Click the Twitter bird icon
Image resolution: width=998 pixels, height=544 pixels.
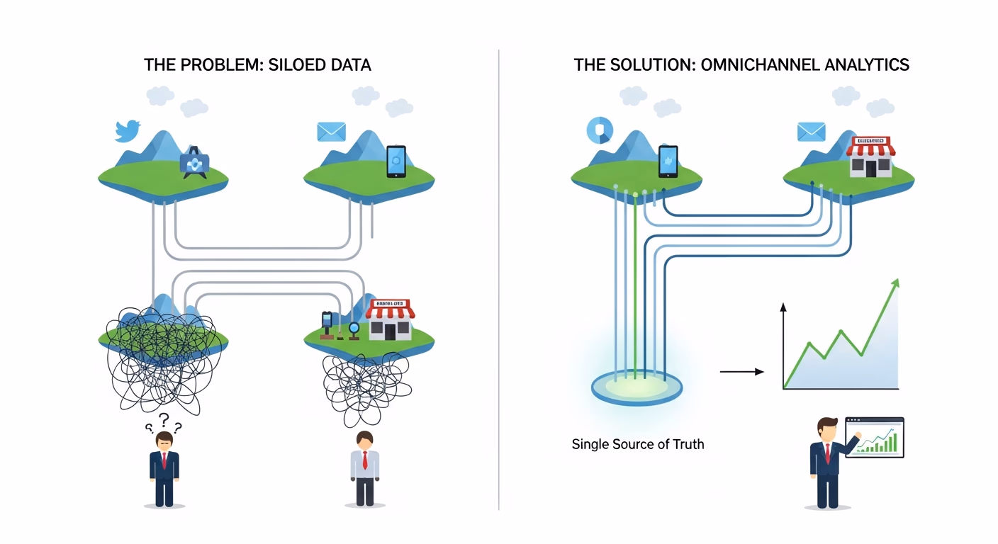coord(128,131)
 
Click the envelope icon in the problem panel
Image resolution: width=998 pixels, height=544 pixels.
coord(331,132)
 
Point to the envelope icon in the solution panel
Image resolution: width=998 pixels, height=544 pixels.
coord(812,132)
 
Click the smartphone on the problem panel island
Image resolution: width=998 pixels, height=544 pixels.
coord(396,161)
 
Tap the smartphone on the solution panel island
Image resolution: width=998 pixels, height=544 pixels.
coord(668,161)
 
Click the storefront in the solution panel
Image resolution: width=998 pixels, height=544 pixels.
coord(871,157)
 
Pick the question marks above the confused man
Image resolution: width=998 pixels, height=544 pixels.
coord(164,423)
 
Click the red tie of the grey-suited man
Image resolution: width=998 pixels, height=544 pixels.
coord(365,460)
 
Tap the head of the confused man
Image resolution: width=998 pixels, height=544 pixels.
coord(164,440)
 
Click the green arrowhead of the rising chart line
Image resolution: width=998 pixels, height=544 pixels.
coord(895,284)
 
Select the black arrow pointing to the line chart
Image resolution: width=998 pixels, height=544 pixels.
coord(741,371)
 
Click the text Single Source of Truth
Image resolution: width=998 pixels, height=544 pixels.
coord(638,445)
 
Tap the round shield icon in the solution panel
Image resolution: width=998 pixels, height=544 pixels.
coord(600,130)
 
